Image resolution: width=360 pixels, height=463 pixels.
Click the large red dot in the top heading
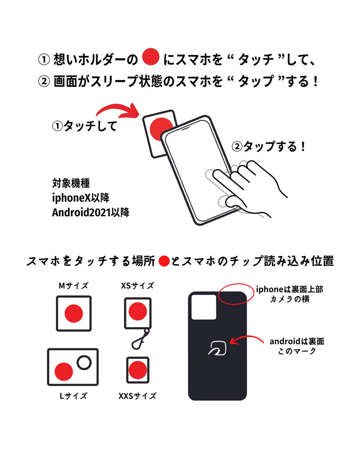click(x=151, y=56)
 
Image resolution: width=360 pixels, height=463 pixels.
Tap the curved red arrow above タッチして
click(x=119, y=109)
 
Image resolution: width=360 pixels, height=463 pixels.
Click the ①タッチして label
click(x=85, y=126)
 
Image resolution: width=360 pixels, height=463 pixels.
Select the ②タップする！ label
click(x=269, y=147)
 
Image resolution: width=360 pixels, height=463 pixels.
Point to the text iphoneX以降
click(x=81, y=198)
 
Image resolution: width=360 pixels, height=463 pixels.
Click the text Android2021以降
click(x=91, y=213)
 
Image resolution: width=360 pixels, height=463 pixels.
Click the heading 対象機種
click(x=71, y=183)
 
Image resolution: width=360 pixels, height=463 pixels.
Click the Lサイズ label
click(x=73, y=396)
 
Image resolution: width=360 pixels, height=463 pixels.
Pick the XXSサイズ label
click(x=137, y=396)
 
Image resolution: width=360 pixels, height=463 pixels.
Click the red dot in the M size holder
click(x=74, y=313)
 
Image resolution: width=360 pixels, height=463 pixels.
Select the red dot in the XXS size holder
click(x=138, y=370)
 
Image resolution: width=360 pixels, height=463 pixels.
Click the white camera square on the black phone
click(x=204, y=307)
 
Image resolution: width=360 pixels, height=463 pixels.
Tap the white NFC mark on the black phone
click(x=217, y=348)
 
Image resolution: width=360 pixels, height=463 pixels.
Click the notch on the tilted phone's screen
click(x=186, y=128)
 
